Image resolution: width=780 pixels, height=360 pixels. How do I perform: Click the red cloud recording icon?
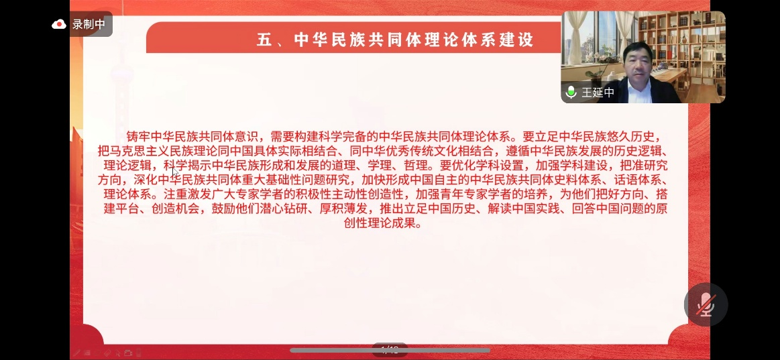59,24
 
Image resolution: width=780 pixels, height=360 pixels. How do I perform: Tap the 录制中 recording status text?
89,24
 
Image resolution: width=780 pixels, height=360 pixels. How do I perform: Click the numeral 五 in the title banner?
264,40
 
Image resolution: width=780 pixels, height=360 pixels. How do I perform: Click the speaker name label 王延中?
598,93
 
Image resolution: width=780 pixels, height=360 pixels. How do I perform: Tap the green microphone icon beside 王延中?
571,92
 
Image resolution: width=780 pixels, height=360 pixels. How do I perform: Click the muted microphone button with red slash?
706,304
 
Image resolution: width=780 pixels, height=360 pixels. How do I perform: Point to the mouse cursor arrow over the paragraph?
175,172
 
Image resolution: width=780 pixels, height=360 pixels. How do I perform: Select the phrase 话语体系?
637,180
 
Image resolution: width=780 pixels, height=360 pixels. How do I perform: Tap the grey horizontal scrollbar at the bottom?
390,350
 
